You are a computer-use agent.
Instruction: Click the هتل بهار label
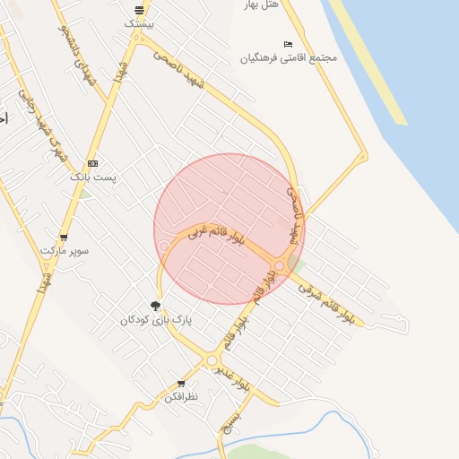[x=263, y=4]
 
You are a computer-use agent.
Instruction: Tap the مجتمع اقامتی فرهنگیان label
[x=288, y=58]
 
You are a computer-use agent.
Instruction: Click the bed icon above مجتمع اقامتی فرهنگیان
[x=288, y=44]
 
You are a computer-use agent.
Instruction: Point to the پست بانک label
[x=93, y=178]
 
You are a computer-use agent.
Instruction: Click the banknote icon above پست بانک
[x=93, y=163]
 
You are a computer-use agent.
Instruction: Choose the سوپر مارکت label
[x=64, y=251]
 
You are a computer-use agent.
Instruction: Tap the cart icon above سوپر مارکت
[x=64, y=238]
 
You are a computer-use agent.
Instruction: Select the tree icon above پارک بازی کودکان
[x=156, y=306]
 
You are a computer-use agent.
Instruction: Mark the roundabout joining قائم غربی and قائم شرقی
[x=280, y=265]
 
